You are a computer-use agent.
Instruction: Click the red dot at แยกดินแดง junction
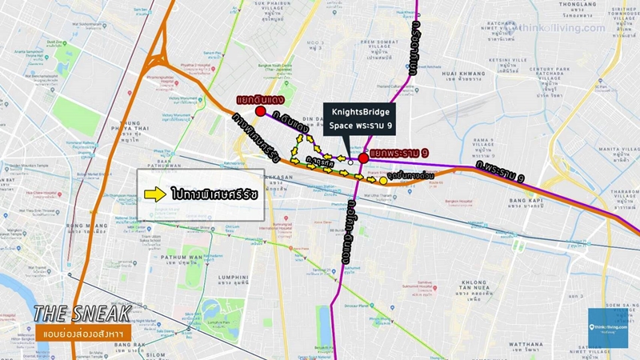(261, 110)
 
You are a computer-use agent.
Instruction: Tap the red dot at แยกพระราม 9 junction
(364, 158)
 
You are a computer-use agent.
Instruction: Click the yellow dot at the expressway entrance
(383, 181)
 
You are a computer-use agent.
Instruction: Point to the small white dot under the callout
(350, 162)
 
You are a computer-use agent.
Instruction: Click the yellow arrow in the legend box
(154, 194)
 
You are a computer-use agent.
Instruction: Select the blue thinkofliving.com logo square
(606, 327)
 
